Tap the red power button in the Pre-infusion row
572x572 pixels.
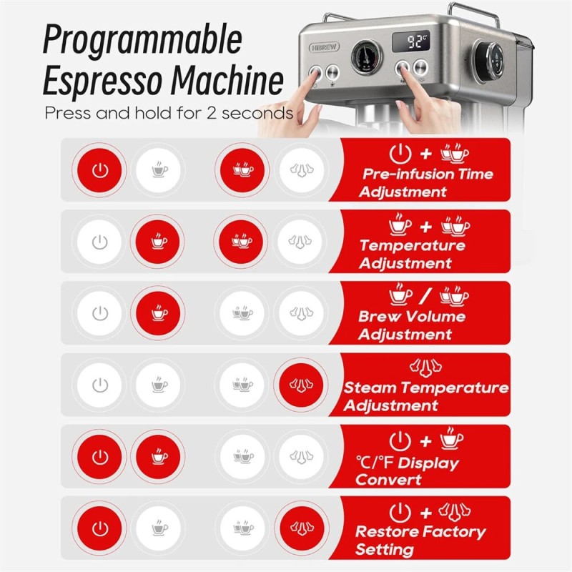[101, 170]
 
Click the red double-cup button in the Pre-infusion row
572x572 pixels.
[242, 170]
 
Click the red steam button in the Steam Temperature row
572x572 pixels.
[299, 385]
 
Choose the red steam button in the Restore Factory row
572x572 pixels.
[299, 528]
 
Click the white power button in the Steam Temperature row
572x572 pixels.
[101, 385]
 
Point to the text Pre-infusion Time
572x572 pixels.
[428, 174]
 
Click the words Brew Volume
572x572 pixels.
[412, 317]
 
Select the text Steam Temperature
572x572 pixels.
[426, 388]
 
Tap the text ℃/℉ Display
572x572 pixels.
[408, 463]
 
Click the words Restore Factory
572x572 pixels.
[420, 532]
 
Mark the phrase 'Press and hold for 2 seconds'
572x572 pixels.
[169, 113]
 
